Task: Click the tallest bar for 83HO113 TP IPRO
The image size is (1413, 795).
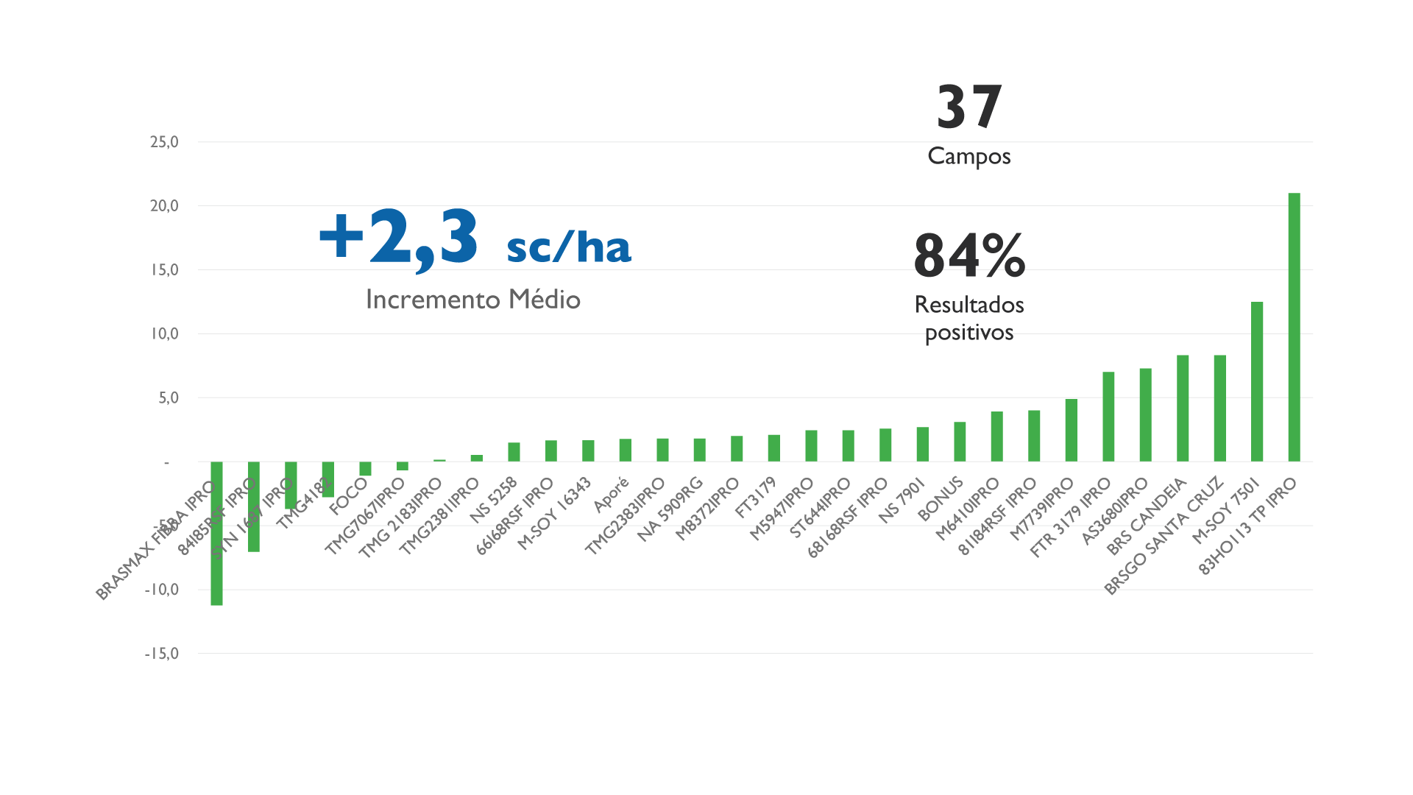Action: tap(1294, 328)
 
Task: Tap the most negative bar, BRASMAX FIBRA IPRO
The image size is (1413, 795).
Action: tap(216, 533)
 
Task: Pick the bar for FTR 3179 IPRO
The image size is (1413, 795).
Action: tap(1108, 417)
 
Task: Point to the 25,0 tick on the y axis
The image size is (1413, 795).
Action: tap(164, 142)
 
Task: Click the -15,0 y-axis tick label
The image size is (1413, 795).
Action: tap(162, 654)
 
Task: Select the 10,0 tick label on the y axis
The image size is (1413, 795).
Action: tap(164, 334)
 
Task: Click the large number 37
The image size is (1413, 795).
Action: tap(969, 107)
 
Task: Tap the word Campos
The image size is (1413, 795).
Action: tap(969, 156)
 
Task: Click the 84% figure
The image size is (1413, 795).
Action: tap(969, 256)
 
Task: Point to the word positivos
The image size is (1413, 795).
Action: tap(969, 333)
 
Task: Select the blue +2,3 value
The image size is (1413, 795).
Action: tap(399, 237)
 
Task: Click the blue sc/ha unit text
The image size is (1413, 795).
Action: tap(569, 247)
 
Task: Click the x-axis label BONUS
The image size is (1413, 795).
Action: tap(941, 498)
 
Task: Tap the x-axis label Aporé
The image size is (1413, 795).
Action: tap(612, 495)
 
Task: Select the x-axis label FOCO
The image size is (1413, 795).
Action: tap(349, 496)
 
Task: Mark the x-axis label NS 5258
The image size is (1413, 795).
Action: tap(494, 500)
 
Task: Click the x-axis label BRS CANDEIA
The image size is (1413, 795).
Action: tap(1147, 516)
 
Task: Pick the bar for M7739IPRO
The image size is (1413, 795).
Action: tap(1072, 430)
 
